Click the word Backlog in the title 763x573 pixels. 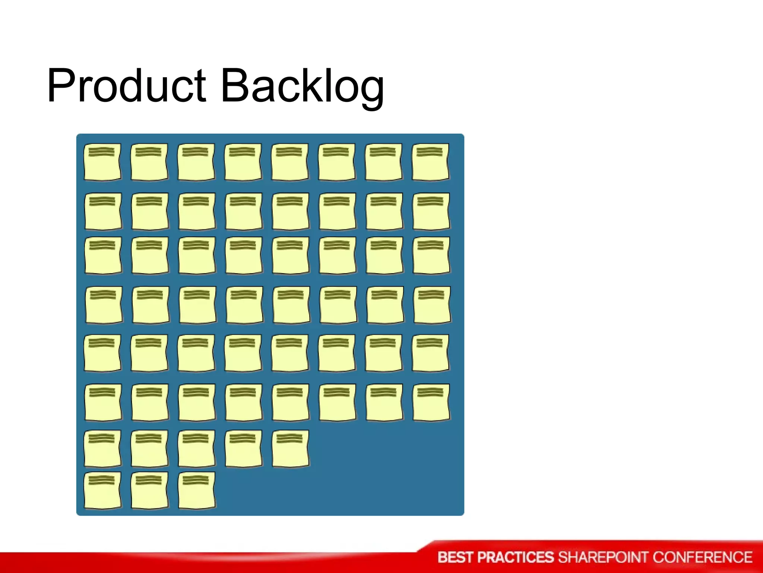click(302, 87)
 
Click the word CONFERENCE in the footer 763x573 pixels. click(702, 557)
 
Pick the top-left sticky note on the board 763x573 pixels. click(102, 162)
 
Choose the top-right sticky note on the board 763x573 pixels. click(431, 162)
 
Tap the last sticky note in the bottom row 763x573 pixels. click(197, 490)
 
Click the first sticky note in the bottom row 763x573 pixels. click(102, 490)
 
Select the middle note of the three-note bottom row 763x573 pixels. click(149, 490)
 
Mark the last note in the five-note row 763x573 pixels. click(290, 448)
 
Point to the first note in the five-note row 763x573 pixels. click(102, 448)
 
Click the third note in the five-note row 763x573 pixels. click(196, 448)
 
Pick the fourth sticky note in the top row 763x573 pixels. click(243, 162)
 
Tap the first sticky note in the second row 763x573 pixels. click(103, 211)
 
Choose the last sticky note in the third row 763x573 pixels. click(431, 255)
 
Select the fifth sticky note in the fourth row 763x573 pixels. click(291, 304)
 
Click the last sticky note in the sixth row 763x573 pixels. click(431, 402)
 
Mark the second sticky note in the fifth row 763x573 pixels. click(149, 353)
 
